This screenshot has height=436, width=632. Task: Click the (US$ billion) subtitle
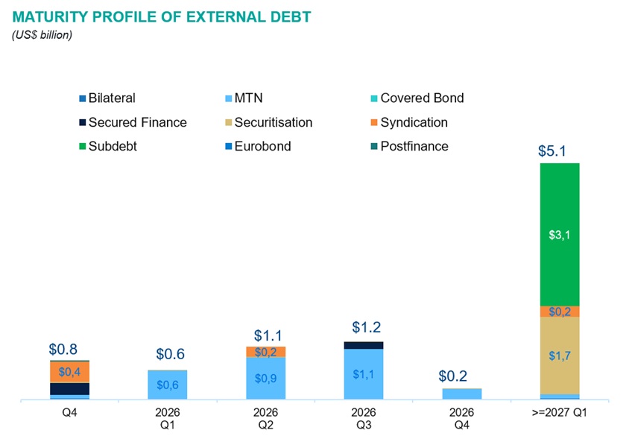point(42,34)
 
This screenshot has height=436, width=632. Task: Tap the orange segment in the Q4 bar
point(69,372)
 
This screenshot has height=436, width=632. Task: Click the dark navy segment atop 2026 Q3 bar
point(364,345)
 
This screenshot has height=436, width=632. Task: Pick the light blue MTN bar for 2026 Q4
point(462,394)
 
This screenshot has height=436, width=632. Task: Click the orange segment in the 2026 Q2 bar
point(265,352)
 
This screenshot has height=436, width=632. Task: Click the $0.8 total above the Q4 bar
point(64,349)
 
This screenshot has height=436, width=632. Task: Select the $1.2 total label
point(367,327)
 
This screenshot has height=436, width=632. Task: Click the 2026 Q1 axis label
point(168,417)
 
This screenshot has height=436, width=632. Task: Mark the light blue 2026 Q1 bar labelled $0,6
point(168,385)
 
